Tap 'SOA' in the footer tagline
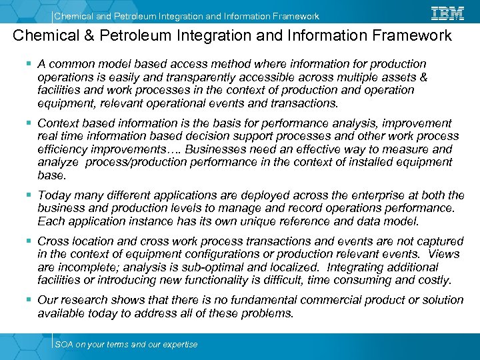(64, 344)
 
